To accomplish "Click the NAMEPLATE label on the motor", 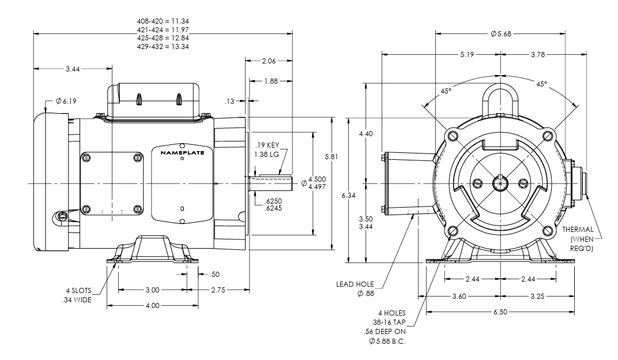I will pyautogui.click(x=182, y=153).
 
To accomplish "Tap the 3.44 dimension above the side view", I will pyautogui.click(x=73, y=69).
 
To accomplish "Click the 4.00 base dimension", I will pyautogui.click(x=152, y=305).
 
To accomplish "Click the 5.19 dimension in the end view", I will pyautogui.click(x=468, y=55).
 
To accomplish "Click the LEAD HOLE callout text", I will pyautogui.click(x=356, y=284).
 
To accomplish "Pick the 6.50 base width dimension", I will pyautogui.click(x=501, y=312).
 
